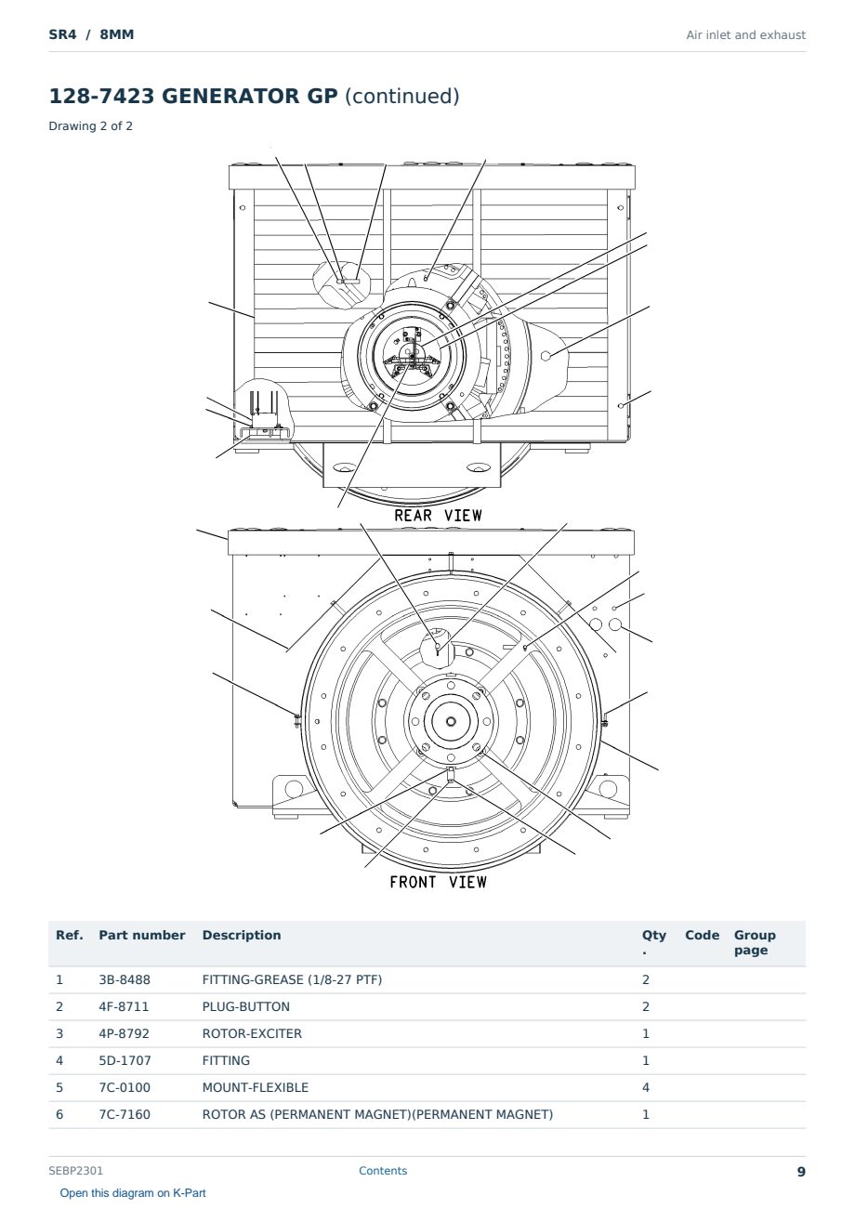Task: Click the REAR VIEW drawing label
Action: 438,516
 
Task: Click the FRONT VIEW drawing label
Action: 438,882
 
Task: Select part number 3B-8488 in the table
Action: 125,980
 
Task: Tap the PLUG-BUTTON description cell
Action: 246,1007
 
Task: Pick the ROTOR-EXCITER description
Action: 252,1034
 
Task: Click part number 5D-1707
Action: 125,1061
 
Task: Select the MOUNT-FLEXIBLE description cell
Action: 256,1088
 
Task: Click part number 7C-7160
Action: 125,1115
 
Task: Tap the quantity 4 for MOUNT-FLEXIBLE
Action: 646,1088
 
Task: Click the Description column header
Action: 242,935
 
